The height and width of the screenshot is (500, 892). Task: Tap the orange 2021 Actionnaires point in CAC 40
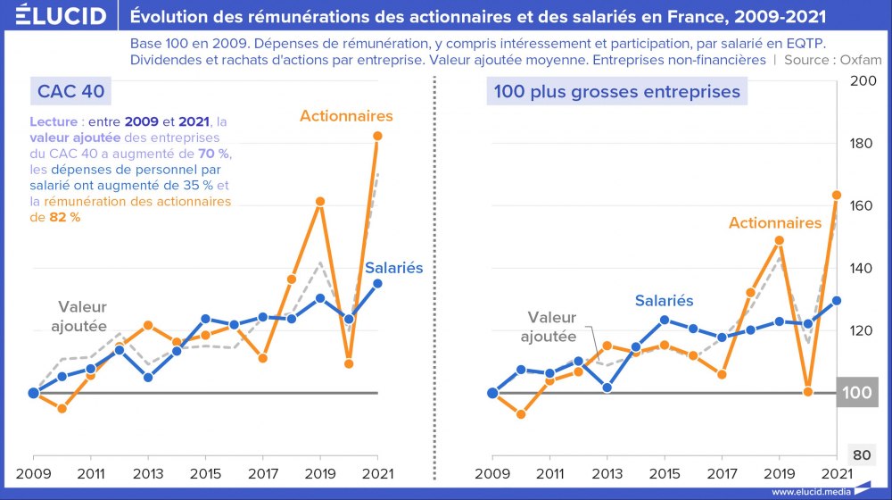377,136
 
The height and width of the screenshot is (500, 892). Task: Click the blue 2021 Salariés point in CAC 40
377,283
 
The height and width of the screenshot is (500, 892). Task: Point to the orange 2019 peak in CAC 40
320,202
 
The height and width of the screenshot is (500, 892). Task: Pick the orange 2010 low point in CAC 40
62,408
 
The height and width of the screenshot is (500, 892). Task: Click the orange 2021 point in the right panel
836,195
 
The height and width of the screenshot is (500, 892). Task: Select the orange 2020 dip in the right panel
808,391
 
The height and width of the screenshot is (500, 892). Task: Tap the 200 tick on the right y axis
861,81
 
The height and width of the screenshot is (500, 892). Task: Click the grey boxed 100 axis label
858,393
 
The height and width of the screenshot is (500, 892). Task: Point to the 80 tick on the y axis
861,455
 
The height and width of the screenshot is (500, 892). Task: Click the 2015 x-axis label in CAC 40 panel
205,472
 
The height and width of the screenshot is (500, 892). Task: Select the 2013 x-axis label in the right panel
607,472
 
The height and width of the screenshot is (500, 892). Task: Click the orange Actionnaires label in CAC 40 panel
346,116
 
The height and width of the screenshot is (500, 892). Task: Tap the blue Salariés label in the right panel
664,301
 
